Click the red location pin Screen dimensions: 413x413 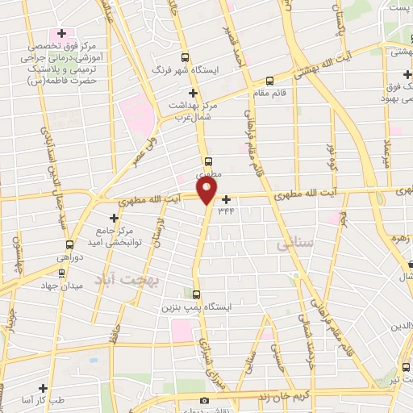coord(207,190)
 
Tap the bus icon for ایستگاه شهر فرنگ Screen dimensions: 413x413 coord(186,57)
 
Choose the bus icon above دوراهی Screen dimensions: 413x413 coord(69,244)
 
